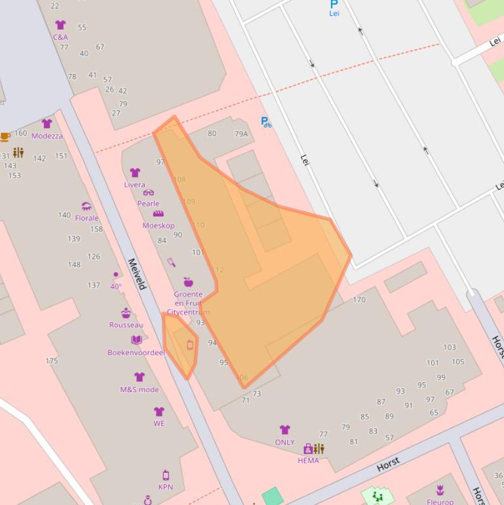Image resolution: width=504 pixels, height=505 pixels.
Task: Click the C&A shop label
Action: point(60,37)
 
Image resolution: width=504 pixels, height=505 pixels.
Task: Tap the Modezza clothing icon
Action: point(47,123)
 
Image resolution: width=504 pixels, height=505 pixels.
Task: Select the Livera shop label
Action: point(134,185)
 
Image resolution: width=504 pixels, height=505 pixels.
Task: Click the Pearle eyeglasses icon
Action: point(149,193)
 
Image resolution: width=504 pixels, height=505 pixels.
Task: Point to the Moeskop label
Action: point(159,226)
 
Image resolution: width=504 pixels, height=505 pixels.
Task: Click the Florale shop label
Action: point(87,218)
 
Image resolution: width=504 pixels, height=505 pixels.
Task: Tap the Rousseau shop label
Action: point(126,325)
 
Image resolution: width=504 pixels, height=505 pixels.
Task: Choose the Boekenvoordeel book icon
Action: point(136,340)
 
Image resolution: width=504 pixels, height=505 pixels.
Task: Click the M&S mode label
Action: point(139,390)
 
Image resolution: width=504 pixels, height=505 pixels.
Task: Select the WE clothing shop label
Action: point(159,424)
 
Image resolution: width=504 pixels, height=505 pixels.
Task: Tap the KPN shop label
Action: point(165,487)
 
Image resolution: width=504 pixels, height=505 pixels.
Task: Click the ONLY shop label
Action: point(284,443)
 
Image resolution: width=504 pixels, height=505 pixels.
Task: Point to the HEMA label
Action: point(308,460)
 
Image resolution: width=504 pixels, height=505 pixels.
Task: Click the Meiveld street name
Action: point(137,273)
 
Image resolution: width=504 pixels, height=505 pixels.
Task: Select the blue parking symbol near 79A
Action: point(265,122)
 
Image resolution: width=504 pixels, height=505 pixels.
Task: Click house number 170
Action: point(359,300)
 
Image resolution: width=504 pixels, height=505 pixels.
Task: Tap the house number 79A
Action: point(241,134)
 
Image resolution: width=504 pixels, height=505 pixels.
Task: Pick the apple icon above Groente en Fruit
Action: point(188,282)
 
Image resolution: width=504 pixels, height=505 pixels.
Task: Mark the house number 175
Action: point(52,361)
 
